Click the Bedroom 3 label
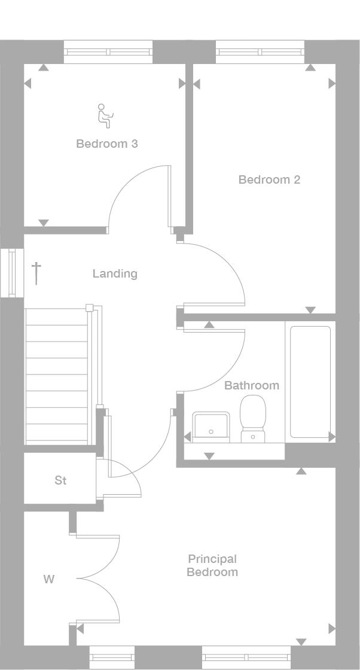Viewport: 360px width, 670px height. (x=107, y=144)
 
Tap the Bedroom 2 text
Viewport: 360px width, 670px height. (x=269, y=179)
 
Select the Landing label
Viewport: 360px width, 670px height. (x=115, y=273)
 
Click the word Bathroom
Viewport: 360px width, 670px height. (x=251, y=385)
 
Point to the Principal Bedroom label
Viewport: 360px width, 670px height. (x=212, y=565)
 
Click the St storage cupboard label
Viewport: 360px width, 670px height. (x=60, y=480)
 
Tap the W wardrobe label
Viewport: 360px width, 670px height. (x=49, y=579)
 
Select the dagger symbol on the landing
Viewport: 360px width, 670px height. (x=36, y=273)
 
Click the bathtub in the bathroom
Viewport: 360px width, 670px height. (x=310, y=382)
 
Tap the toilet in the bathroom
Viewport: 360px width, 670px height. (x=252, y=419)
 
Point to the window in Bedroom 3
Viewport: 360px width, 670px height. (x=108, y=52)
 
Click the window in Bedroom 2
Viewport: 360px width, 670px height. (x=260, y=52)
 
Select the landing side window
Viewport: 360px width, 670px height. (x=11, y=273)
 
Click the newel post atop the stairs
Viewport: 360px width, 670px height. (x=89, y=308)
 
